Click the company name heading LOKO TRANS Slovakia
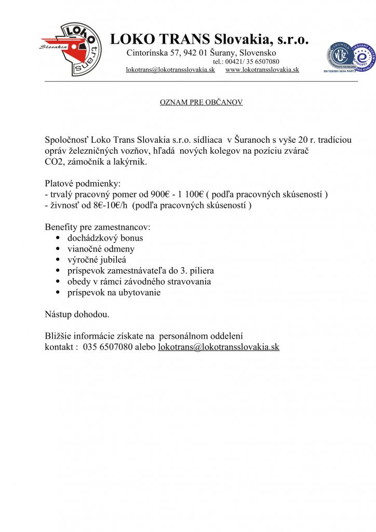click(209, 39)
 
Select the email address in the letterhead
click(170, 70)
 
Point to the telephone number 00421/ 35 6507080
click(253, 61)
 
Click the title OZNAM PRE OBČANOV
click(201, 102)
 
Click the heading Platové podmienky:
click(83, 183)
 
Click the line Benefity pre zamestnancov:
click(98, 227)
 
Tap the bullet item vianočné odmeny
click(101, 249)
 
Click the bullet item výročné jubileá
click(97, 260)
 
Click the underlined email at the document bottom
click(219, 347)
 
